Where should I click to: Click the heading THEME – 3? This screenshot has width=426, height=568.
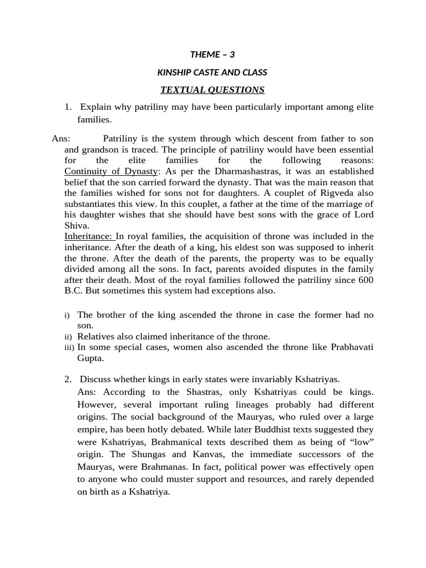tap(212, 54)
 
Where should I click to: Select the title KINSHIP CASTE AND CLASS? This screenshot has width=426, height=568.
tap(212, 72)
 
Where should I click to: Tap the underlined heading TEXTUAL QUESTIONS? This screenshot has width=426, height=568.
tap(212, 90)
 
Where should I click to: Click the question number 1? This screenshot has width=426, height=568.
tap(68, 107)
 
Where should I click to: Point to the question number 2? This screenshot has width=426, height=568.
tap(68, 379)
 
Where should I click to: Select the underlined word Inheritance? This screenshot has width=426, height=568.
tap(89, 237)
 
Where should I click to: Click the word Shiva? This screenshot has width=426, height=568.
tap(75, 225)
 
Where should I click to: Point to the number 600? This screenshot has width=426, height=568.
tap(366, 280)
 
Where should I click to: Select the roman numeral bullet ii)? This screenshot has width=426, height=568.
tap(68, 337)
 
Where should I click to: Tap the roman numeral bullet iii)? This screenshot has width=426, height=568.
tap(69, 347)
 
